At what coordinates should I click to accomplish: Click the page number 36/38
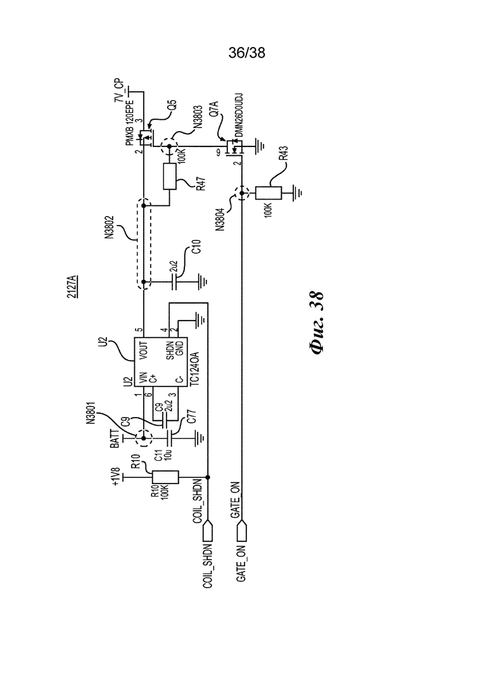click(246, 53)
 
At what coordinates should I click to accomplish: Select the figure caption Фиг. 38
click(317, 323)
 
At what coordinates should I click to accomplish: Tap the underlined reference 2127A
click(72, 286)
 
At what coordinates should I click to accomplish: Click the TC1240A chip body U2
click(161, 362)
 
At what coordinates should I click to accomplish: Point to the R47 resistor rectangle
click(170, 177)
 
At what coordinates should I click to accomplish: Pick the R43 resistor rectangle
click(269, 193)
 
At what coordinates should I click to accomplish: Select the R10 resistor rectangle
click(165, 477)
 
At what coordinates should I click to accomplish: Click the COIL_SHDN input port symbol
click(208, 532)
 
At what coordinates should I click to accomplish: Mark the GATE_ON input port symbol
click(242, 532)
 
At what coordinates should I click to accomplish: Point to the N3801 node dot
click(143, 439)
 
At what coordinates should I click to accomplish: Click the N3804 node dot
click(242, 193)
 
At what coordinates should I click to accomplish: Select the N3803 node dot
click(169, 146)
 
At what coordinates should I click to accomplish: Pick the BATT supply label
click(115, 439)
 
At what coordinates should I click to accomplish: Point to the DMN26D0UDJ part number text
click(239, 115)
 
